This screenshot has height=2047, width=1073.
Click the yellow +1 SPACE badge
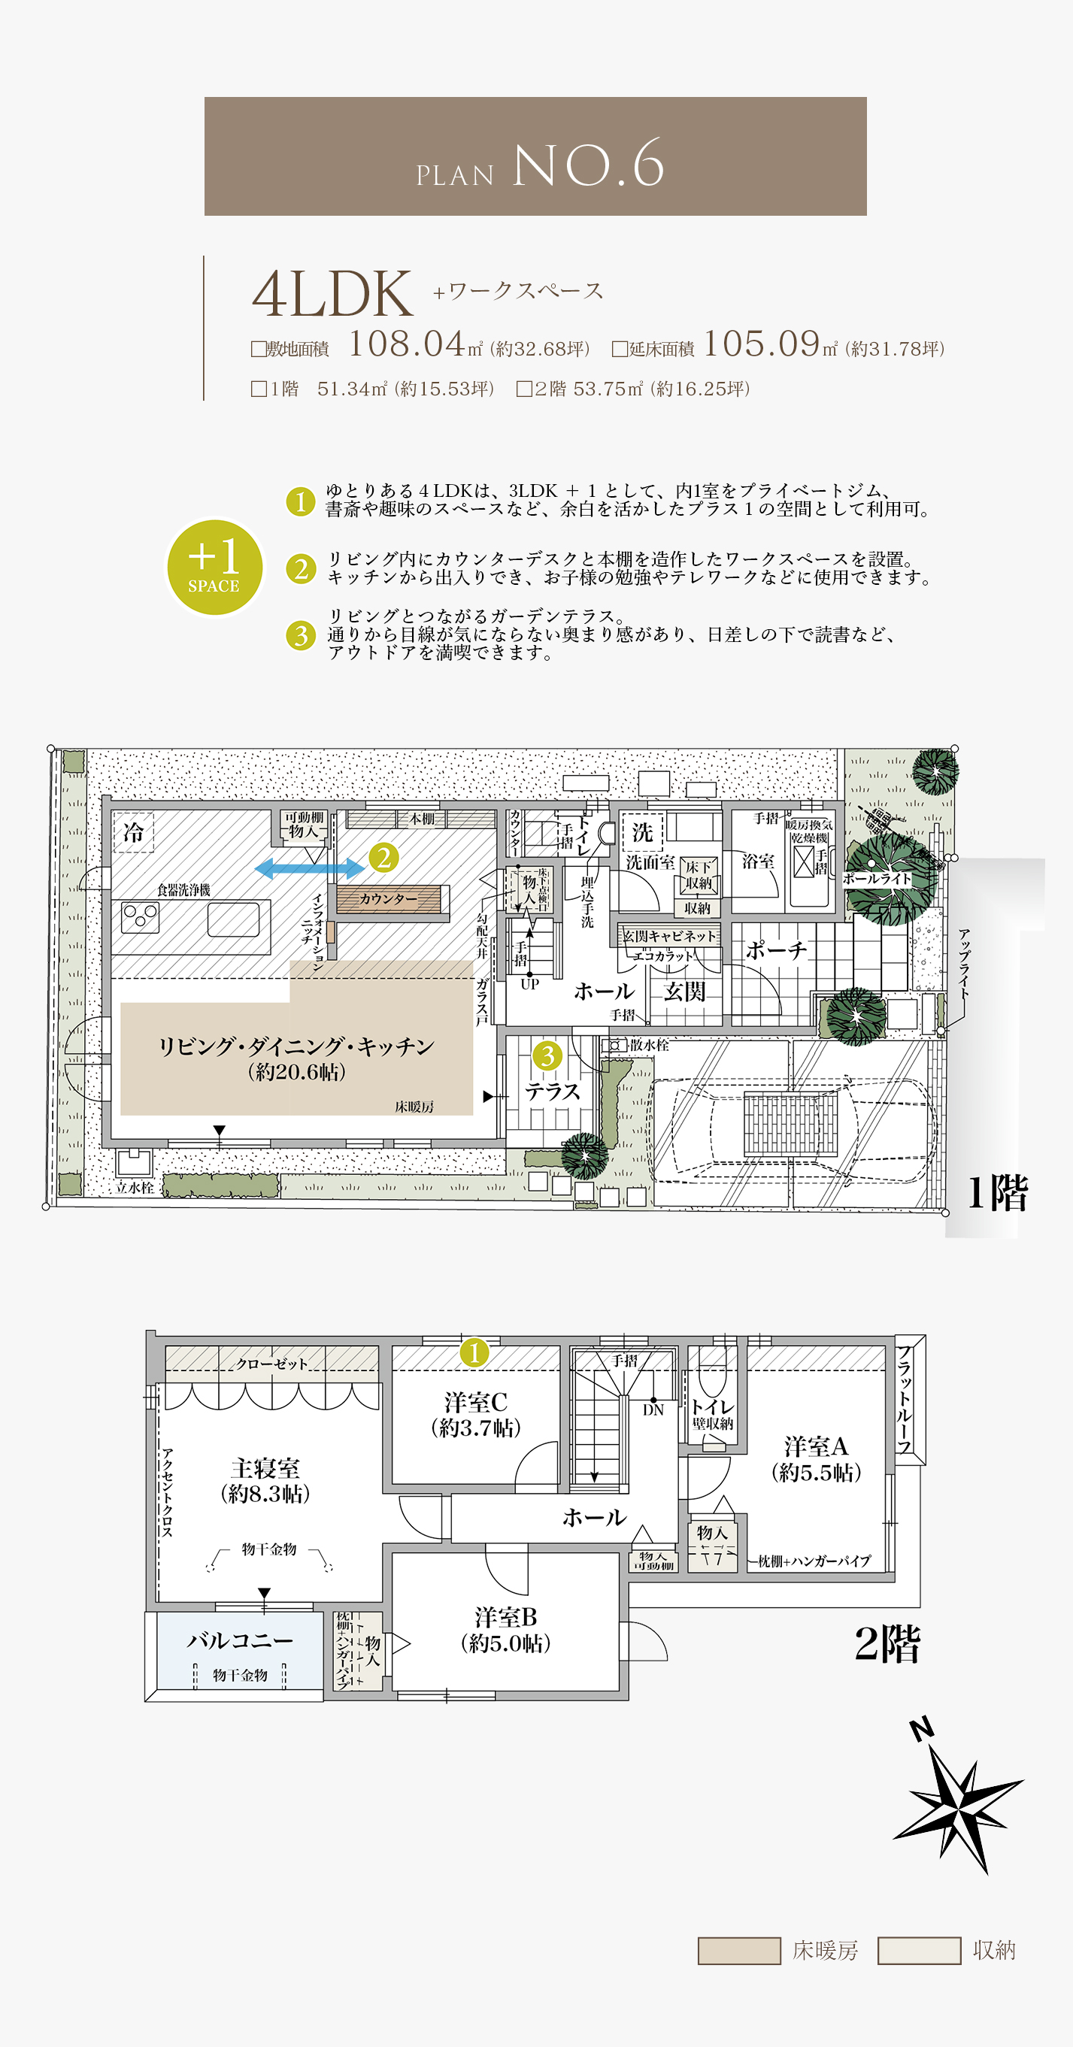(214, 567)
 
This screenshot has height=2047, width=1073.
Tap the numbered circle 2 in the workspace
(384, 858)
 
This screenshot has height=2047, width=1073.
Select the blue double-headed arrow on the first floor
(309, 868)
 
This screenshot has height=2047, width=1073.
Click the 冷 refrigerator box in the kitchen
(133, 832)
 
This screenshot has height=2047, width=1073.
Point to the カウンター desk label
(388, 899)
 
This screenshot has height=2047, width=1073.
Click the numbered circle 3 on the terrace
(547, 1056)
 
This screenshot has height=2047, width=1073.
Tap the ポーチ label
(776, 949)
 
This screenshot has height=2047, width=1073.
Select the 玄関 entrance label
(684, 991)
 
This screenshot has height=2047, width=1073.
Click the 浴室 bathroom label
(758, 861)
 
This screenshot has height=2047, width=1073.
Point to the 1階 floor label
(997, 1193)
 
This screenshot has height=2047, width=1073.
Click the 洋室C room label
(475, 1402)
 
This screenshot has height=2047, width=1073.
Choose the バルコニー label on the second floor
(240, 1640)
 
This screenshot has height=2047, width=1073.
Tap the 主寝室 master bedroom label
(265, 1467)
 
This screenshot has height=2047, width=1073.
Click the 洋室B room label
(505, 1616)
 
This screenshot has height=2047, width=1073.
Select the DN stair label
(653, 1410)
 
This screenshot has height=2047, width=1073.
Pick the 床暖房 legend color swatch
(738, 1950)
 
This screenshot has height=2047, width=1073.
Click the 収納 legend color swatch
(919, 1950)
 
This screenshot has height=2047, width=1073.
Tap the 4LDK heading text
(332, 295)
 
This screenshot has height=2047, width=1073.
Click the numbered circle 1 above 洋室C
(474, 1352)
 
